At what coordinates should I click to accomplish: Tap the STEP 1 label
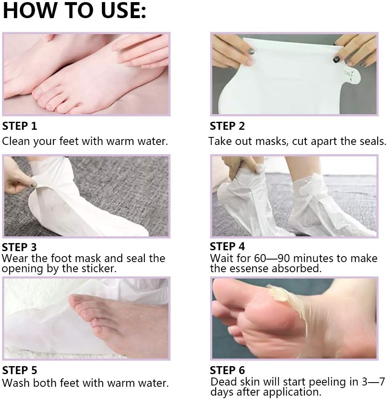pos(19,126)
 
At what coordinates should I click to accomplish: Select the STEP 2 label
pos(227,126)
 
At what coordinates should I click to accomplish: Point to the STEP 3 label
pos(19,247)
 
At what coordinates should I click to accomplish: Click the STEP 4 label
pos(227,246)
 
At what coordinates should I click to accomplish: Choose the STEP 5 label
pos(19,370)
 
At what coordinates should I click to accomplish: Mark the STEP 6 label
pos(227,370)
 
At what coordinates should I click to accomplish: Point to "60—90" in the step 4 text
pos(272,258)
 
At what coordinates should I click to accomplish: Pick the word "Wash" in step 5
pos(16,383)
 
